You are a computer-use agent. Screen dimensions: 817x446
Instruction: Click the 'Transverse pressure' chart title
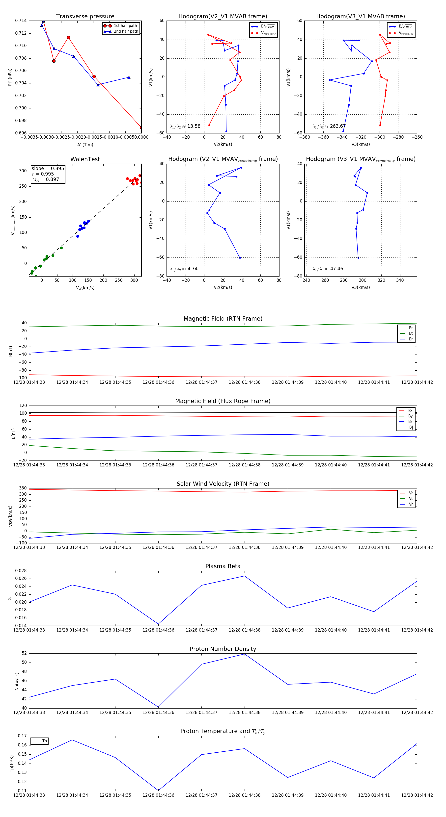(x=85, y=17)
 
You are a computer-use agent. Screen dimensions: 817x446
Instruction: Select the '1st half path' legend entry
(x=125, y=26)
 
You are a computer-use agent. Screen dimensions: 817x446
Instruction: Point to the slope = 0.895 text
(x=48, y=168)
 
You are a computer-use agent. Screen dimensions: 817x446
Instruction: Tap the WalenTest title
(x=85, y=159)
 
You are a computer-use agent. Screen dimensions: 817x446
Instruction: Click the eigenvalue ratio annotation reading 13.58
(x=185, y=126)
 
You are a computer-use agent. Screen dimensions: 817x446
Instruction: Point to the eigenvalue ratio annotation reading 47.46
(x=328, y=269)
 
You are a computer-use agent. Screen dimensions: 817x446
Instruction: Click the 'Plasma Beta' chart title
(x=223, y=566)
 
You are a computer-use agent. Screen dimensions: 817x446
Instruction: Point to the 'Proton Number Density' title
(x=223, y=649)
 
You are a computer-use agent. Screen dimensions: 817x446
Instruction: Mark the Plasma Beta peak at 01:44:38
(x=244, y=576)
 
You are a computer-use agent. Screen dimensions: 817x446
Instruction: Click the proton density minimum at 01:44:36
(x=158, y=707)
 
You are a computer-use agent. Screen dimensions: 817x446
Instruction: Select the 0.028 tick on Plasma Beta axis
(x=21, y=571)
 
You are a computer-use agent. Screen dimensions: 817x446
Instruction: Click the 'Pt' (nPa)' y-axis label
(x=10, y=77)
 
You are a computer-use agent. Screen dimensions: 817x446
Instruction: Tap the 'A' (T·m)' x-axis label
(x=85, y=145)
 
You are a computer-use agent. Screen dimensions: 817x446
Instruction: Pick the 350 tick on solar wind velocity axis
(x=23, y=488)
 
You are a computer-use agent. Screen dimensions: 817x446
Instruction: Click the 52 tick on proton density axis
(x=24, y=653)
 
